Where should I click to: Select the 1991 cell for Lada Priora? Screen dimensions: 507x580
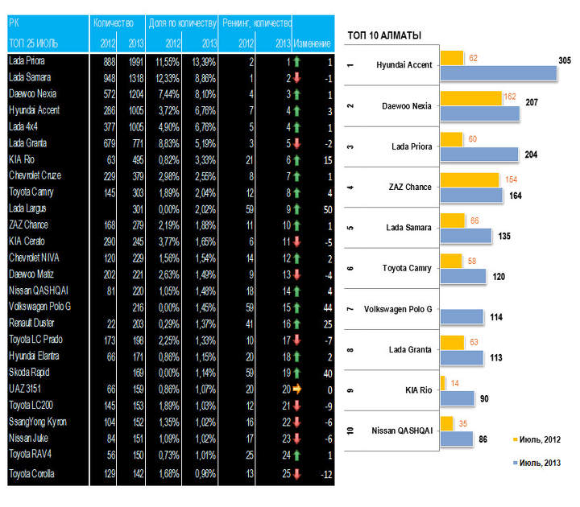tap(133, 61)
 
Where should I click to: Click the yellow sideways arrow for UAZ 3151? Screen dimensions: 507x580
tap(296, 388)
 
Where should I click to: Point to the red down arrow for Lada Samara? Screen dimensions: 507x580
tap(296, 77)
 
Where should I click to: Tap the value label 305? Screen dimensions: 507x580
tap(565, 60)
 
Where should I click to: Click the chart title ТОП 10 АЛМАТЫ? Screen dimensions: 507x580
tap(384, 35)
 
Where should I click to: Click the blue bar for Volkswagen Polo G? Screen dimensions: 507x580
tap(462, 317)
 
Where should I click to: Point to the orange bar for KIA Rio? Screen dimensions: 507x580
tap(443, 381)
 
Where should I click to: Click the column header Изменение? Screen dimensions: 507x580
tap(313, 41)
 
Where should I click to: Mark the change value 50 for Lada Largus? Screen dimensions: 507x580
tap(327, 208)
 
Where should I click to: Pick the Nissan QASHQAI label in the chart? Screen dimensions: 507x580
tap(401, 431)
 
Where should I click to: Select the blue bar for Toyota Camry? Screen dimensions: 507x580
tap(463, 276)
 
